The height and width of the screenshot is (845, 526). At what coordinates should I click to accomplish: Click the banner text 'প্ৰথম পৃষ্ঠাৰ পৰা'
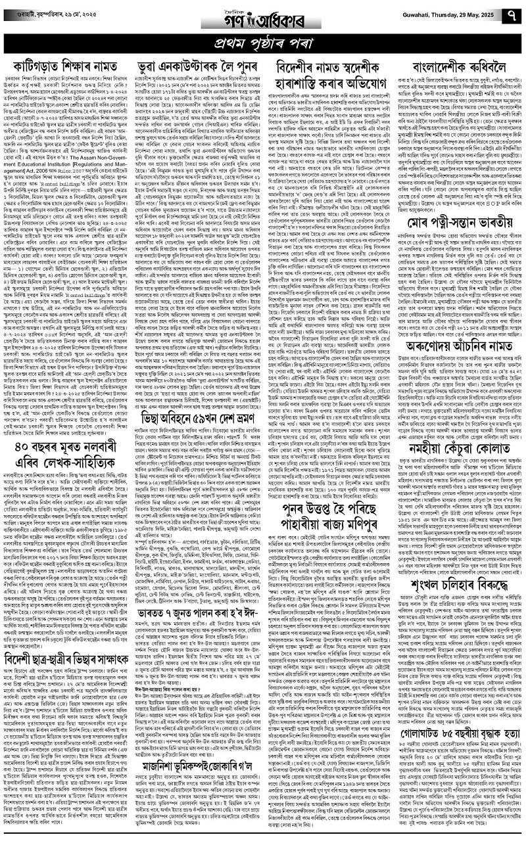[x=264, y=45]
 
